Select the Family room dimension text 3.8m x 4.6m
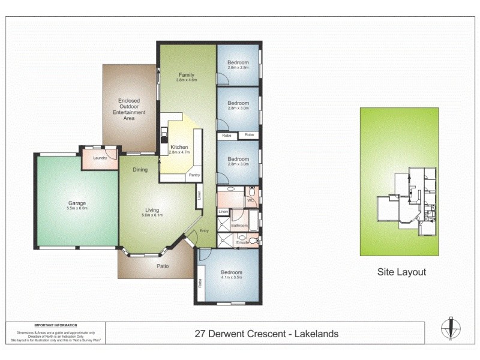(x=186, y=79)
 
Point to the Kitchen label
(x=179, y=147)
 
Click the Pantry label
(x=194, y=175)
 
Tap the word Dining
(x=140, y=170)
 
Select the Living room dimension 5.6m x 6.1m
(x=152, y=215)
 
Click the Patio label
(x=163, y=266)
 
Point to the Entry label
(x=204, y=230)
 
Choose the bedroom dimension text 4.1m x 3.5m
(x=231, y=277)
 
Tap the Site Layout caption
(x=401, y=272)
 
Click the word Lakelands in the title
(x=316, y=334)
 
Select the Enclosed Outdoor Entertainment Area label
(x=129, y=110)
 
